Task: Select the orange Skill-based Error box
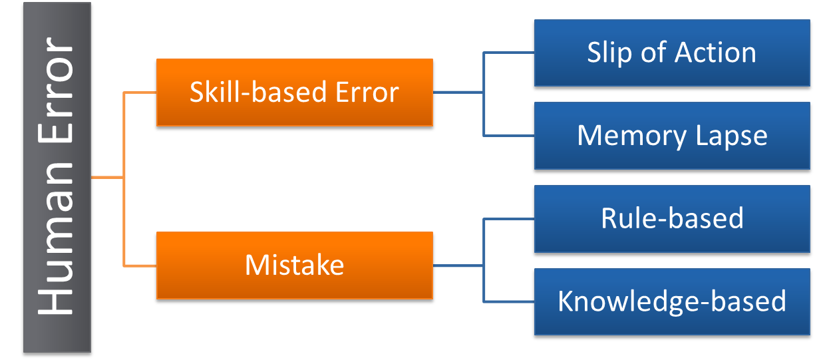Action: (294, 92)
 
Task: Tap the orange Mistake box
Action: (294, 266)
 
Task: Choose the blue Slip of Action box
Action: (671, 53)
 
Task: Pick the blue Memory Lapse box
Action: (671, 136)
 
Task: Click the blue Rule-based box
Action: (671, 218)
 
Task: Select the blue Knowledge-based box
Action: (671, 301)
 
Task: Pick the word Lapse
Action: (731, 136)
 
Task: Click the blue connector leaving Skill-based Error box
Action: (459, 92)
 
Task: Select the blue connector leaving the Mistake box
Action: (459, 266)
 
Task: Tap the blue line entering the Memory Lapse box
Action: (509, 136)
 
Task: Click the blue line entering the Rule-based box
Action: (509, 218)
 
